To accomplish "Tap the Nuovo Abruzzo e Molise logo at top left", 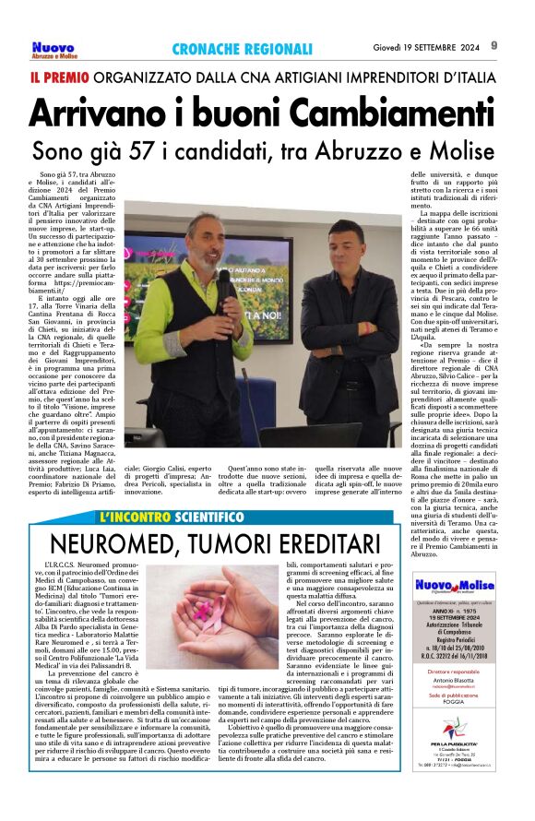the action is tap(54, 50).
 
